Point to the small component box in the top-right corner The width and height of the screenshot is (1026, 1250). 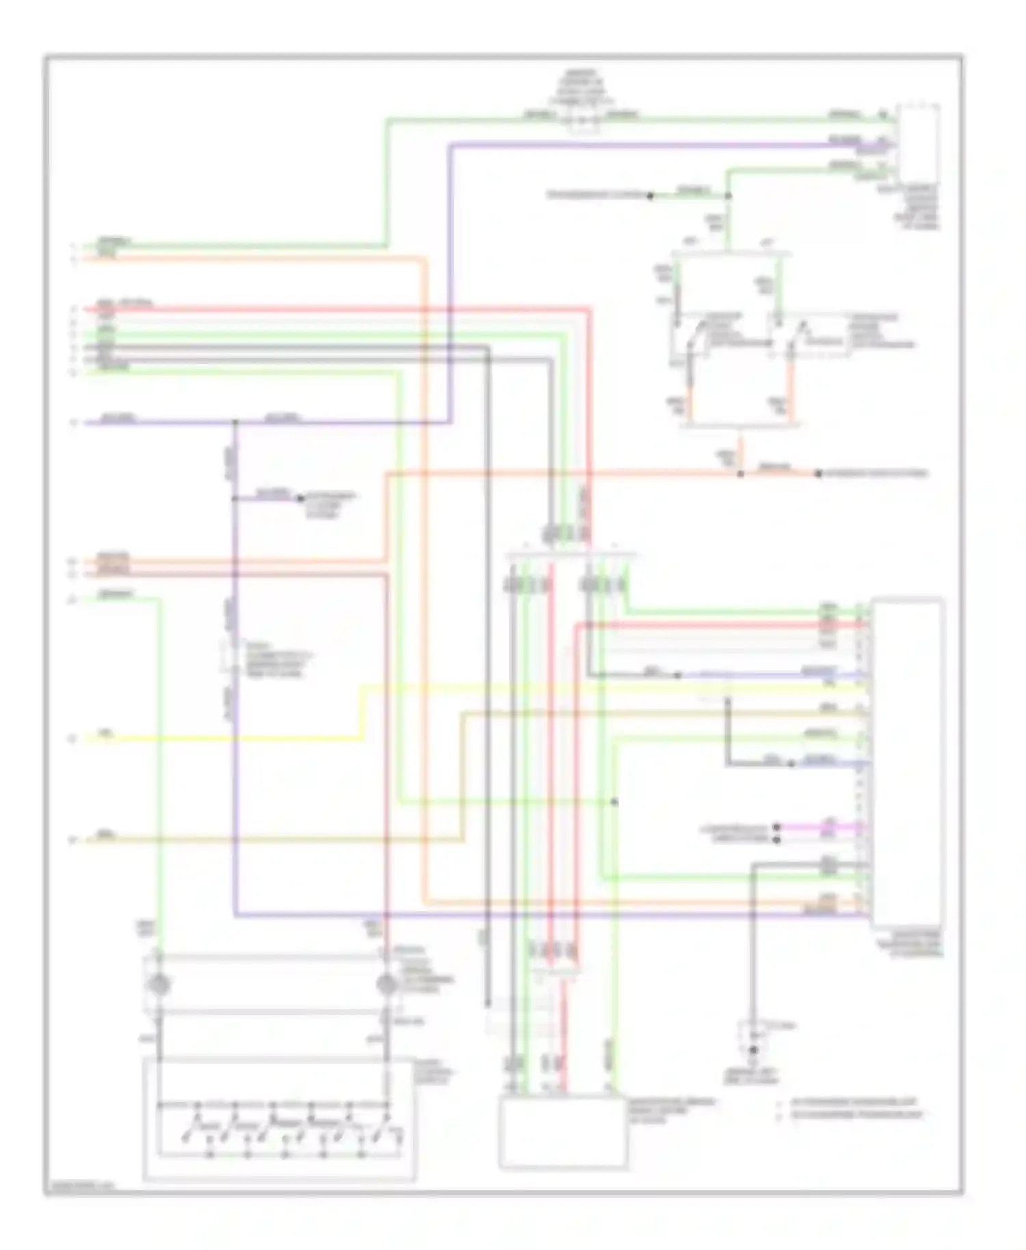point(919,142)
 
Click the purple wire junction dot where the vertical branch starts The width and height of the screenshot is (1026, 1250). point(235,423)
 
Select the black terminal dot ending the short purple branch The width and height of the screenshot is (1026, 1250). point(300,498)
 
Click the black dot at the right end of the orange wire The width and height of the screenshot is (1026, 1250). point(818,473)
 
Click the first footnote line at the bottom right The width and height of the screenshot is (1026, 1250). point(855,1102)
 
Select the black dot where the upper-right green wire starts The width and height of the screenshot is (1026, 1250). point(650,196)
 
